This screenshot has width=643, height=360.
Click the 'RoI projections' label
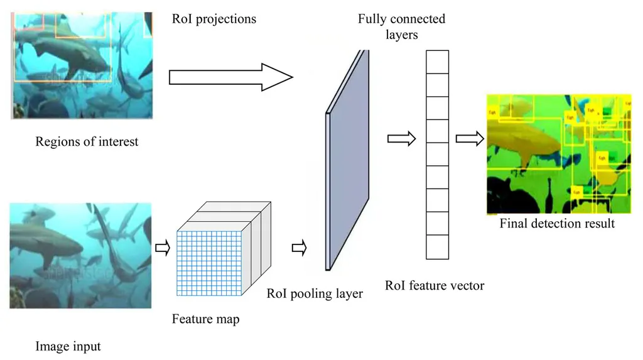tap(214, 19)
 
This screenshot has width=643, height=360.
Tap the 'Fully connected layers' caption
tap(401, 26)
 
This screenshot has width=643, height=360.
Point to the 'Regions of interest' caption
tap(87, 141)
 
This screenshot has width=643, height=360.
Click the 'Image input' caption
tap(68, 346)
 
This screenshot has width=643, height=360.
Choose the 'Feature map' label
tap(205, 319)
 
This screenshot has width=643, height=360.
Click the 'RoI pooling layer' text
tap(315, 293)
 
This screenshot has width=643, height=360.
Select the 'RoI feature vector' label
tap(435, 286)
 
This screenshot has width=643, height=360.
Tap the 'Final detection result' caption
tap(557, 223)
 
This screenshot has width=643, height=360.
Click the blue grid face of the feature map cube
tap(209, 263)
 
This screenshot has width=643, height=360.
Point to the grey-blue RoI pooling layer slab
tap(347, 160)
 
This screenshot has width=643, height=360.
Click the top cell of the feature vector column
tap(438, 62)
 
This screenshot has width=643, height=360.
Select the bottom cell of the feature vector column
tap(438, 247)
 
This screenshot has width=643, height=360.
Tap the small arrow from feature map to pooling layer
tap(299, 249)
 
